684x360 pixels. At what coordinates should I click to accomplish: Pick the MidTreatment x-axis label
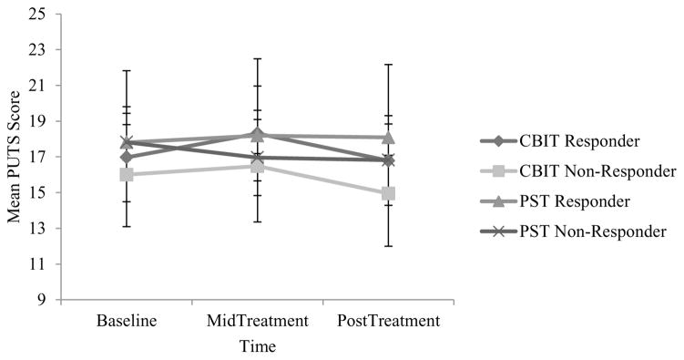tap(257, 322)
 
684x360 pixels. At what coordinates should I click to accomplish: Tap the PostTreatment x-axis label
tap(388, 322)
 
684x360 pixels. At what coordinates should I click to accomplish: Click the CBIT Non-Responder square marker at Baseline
tap(127, 175)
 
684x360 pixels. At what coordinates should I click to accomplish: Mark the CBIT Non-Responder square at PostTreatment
tap(388, 193)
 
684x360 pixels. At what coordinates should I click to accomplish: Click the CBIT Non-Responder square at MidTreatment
tap(257, 166)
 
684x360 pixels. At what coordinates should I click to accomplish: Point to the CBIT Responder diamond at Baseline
tap(127, 158)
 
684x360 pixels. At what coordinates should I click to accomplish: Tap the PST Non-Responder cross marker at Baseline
tap(127, 142)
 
